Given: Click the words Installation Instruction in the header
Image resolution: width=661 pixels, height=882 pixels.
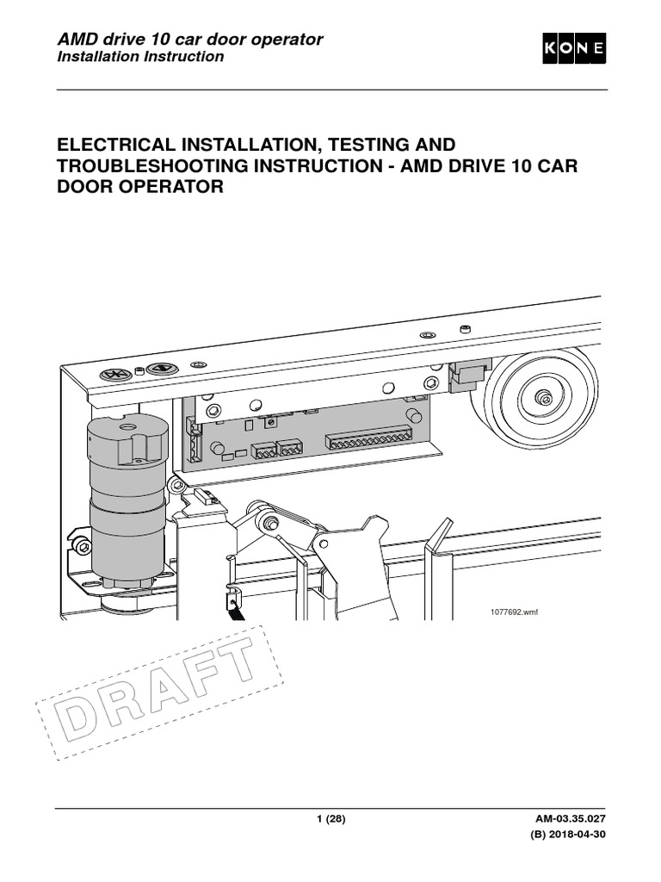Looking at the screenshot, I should (x=140, y=57).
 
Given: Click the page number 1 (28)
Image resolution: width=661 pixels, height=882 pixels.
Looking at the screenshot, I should (x=330, y=819).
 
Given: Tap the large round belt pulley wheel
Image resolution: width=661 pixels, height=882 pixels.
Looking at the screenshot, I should (x=538, y=397).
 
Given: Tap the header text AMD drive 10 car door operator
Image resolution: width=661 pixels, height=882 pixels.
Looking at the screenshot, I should (x=189, y=39).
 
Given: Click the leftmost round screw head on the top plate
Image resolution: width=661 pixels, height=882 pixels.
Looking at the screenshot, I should (x=114, y=375).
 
